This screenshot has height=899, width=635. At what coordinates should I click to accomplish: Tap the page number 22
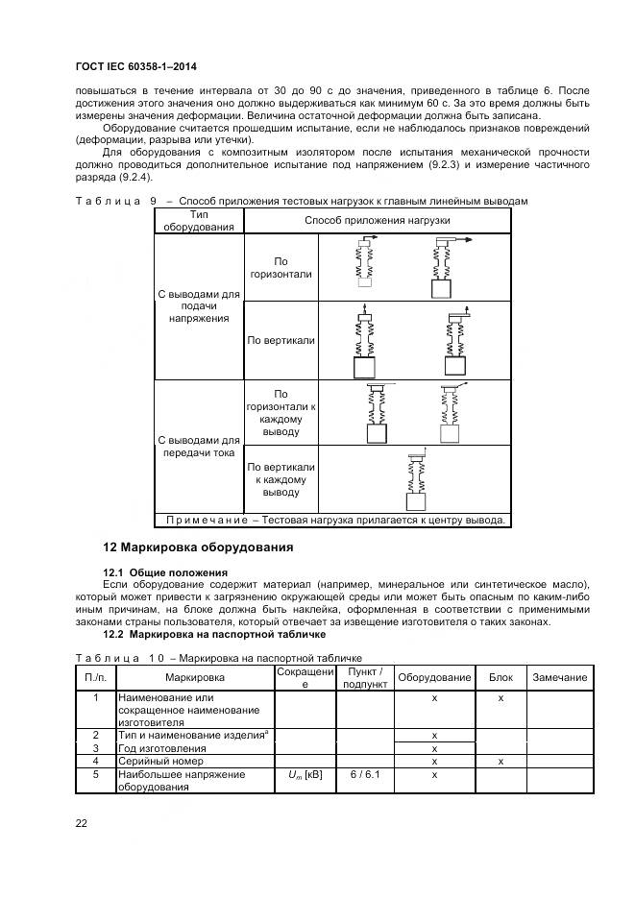82,823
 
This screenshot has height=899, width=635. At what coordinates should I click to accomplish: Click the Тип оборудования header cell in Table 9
199,221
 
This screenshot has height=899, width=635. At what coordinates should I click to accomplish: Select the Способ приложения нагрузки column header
377,221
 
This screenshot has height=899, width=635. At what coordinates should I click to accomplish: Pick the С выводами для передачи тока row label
199,446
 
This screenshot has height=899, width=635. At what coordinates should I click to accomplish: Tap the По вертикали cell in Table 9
281,340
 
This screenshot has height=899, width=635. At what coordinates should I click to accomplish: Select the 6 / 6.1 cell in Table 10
366,774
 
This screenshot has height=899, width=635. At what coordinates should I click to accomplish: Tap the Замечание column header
560,677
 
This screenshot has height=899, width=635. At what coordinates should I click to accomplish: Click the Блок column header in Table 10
501,677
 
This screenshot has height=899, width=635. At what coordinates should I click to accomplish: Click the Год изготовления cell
156,748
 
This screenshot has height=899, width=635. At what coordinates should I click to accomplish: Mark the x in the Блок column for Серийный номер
501,761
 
